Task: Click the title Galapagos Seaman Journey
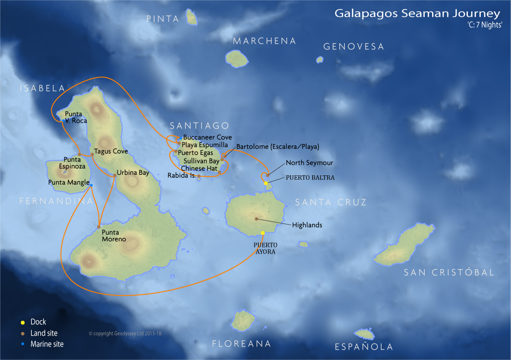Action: (418, 13)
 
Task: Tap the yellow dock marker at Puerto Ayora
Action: (263, 233)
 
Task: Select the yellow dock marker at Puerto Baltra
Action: (266, 184)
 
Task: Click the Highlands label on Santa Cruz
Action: (307, 225)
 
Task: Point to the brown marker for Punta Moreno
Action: (99, 227)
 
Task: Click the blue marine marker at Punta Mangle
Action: (91, 185)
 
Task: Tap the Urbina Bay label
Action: (133, 173)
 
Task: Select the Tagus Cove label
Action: (111, 151)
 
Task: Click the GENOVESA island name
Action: (354, 47)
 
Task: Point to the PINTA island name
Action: (163, 19)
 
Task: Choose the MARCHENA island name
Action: (264, 41)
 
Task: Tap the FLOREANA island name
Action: (242, 344)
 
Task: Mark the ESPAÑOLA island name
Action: (364, 347)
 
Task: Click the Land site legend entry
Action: (44, 333)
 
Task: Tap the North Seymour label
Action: (309, 163)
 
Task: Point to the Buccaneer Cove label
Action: (207, 138)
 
